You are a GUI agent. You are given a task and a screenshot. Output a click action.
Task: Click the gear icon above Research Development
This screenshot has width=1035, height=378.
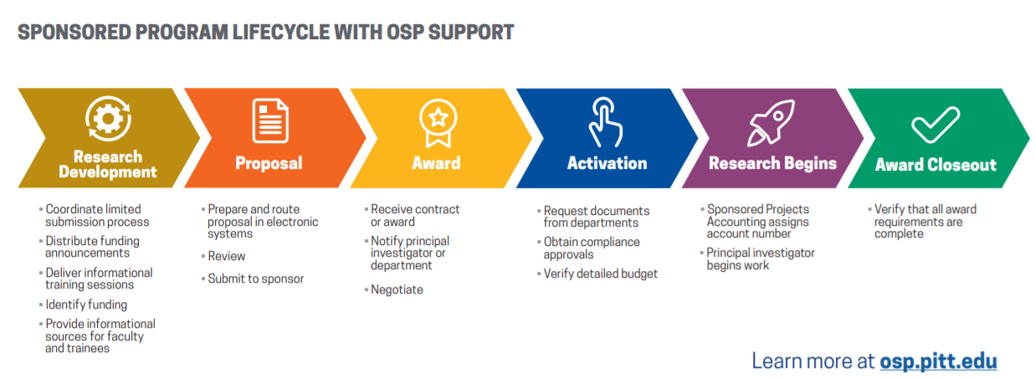point(108,118)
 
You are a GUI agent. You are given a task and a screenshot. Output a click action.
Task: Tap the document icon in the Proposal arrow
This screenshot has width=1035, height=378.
point(270,120)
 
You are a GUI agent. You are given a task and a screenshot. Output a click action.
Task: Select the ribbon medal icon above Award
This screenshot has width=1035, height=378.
point(438,123)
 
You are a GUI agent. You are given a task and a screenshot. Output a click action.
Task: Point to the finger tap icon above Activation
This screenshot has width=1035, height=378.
point(605,122)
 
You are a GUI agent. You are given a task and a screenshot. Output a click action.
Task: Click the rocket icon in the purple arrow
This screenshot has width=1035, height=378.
point(771,122)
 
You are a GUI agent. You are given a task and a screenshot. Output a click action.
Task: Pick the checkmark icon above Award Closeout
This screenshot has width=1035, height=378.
point(935,125)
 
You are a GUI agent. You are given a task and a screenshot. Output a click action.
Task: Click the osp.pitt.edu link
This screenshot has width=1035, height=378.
point(939,361)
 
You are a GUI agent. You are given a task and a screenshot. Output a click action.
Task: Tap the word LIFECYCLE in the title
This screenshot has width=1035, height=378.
point(280,33)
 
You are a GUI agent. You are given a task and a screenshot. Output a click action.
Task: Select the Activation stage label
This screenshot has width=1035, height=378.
point(607,163)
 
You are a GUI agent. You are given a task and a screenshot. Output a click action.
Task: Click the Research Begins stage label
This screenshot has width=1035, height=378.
point(772,163)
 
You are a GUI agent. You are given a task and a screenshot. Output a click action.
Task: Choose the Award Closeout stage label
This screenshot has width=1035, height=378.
point(935,165)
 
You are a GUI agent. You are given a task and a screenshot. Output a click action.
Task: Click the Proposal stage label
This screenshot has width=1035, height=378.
point(269,163)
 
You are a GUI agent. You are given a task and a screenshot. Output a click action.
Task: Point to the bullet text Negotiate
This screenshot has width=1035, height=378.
point(397,289)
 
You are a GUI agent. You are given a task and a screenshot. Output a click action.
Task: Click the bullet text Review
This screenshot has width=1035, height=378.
point(227,256)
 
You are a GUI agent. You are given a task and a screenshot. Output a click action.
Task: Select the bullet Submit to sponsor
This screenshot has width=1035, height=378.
point(255,278)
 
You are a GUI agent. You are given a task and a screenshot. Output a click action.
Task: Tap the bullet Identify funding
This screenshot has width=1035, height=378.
point(86,304)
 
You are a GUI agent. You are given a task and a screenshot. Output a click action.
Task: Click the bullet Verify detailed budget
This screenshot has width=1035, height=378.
point(600,273)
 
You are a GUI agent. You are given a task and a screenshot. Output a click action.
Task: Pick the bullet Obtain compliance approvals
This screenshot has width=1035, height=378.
point(592,248)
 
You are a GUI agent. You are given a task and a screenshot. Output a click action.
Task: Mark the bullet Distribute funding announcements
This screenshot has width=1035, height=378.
point(92,247)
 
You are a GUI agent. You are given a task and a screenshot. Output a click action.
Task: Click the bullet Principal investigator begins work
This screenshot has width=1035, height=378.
point(761,259)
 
